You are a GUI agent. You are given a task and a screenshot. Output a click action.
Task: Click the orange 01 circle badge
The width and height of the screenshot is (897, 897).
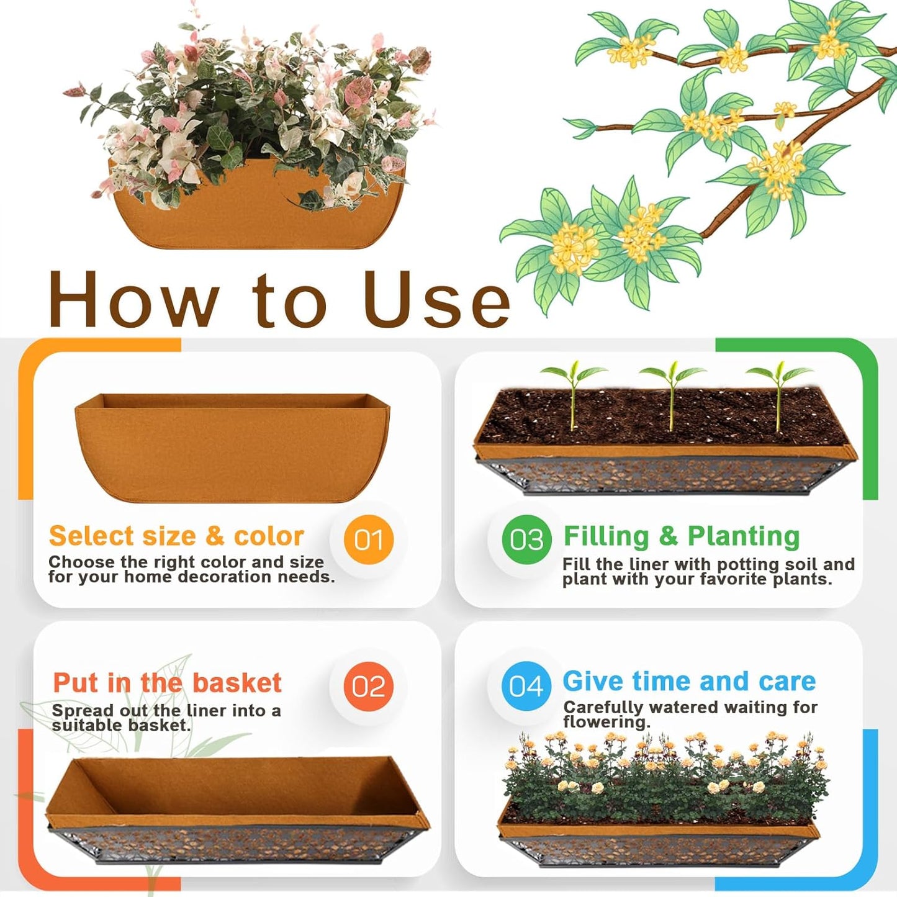click(x=369, y=539)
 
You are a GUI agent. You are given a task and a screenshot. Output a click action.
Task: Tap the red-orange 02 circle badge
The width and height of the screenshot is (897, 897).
click(x=369, y=686)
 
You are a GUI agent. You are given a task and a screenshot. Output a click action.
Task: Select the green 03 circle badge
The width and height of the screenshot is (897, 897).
click(x=526, y=539)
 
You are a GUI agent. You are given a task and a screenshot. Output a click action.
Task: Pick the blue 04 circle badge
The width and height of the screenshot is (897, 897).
click(x=526, y=686)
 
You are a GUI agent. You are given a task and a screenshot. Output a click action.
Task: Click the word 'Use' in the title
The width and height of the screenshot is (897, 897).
click(x=437, y=300)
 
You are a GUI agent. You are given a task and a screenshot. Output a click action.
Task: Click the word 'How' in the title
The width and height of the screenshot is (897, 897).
click(x=133, y=300)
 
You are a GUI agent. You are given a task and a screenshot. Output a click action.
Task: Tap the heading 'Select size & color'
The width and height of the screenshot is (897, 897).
click(x=176, y=536)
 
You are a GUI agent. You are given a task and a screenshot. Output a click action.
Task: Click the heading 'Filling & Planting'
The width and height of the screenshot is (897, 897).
click(x=681, y=536)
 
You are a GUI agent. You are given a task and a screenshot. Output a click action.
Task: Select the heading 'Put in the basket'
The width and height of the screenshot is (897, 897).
click(x=167, y=683)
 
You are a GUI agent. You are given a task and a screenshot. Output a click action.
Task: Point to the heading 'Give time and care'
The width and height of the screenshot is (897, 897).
click(x=689, y=681)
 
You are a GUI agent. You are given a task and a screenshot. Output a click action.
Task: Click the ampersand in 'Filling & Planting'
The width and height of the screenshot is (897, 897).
click(x=669, y=536)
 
